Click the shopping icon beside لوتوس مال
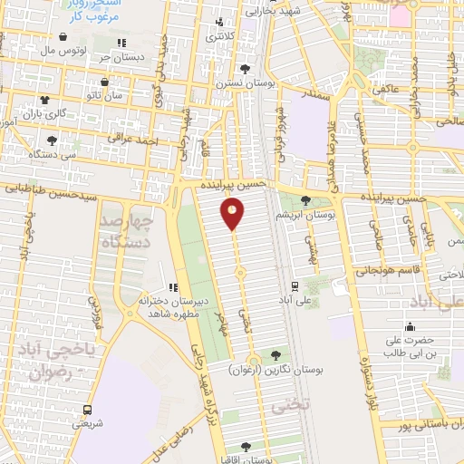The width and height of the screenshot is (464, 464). click(63, 37)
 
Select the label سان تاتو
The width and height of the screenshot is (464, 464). click(104, 95)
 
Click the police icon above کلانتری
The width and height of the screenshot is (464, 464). click(217, 24)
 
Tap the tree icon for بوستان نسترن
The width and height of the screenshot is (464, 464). click(243, 68)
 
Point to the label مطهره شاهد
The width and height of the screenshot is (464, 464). click(173, 312)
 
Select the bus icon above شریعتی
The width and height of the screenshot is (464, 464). click(87, 409)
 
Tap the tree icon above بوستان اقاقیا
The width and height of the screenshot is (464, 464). click(246, 446)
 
